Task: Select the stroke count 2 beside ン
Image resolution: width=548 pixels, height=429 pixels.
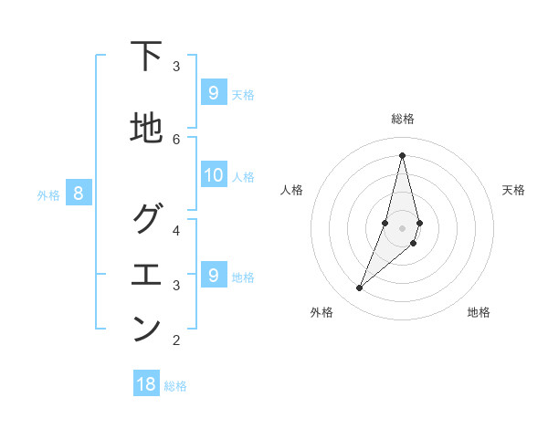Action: tap(176, 340)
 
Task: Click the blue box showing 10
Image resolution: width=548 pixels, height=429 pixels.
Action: tap(214, 175)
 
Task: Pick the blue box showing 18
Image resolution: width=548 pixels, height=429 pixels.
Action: tap(146, 384)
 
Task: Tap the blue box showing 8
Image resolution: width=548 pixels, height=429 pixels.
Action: tap(79, 193)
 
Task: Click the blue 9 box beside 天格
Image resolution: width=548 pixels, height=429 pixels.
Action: tap(214, 92)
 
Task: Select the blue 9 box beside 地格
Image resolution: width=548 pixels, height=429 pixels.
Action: tap(214, 275)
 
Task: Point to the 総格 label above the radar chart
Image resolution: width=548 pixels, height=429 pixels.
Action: tap(402, 119)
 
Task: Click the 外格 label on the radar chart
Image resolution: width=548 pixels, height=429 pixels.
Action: tap(321, 312)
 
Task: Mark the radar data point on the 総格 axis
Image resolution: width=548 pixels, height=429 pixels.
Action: tap(402, 154)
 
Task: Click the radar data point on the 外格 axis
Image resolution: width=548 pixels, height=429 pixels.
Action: tap(359, 288)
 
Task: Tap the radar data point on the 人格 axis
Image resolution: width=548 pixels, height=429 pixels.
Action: tap(385, 223)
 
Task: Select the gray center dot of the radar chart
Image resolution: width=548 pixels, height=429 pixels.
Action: tap(402, 240)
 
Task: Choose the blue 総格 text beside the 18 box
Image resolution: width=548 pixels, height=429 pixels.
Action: tap(175, 386)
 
